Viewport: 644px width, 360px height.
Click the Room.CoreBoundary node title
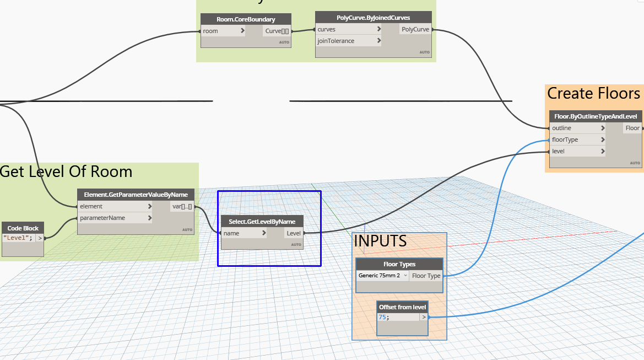click(x=246, y=19)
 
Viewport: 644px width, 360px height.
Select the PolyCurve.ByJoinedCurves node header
click(x=373, y=18)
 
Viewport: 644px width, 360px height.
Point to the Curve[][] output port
click(x=277, y=31)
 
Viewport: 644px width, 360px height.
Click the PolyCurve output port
click(x=415, y=29)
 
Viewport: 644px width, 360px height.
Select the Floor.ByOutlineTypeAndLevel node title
click(x=596, y=116)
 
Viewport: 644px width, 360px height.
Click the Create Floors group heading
click(x=593, y=93)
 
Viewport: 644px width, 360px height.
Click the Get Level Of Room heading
click(x=66, y=171)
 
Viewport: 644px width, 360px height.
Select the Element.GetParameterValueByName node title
click(x=136, y=195)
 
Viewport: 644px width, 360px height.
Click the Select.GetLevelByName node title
click(x=262, y=222)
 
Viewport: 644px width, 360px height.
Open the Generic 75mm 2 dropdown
click(x=383, y=276)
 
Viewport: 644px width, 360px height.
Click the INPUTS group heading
click(x=380, y=241)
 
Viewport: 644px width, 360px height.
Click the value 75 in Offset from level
click(x=382, y=317)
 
